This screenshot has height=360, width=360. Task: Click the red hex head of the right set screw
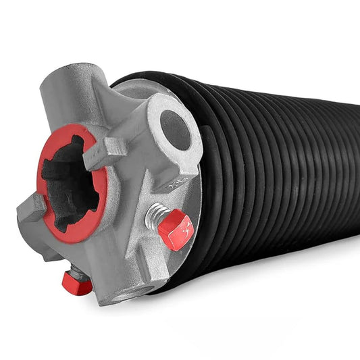[x=176, y=230]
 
